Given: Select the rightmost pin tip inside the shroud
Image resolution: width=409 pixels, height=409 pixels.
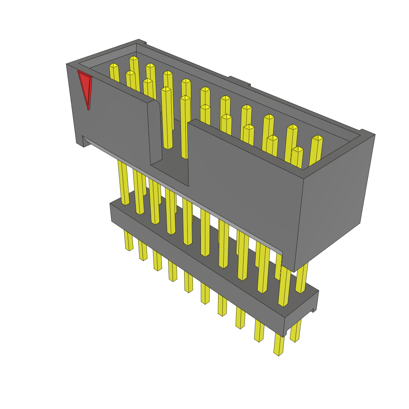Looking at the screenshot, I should (317, 138).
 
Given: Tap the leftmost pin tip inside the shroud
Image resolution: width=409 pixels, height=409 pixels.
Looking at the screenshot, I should (114, 66).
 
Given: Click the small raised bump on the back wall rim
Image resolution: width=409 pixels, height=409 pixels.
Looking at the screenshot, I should (239, 81).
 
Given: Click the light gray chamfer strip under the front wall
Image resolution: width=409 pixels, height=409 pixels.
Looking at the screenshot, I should (180, 192).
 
